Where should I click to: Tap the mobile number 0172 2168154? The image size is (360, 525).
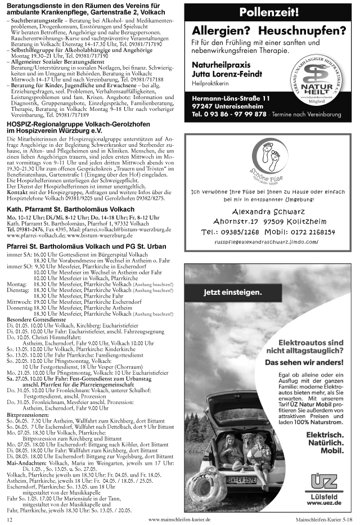(307, 231)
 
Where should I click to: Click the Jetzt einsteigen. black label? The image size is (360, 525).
(232, 293)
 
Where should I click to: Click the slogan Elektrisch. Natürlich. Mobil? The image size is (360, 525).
(325, 442)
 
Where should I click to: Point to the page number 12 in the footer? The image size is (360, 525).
(10, 520)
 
